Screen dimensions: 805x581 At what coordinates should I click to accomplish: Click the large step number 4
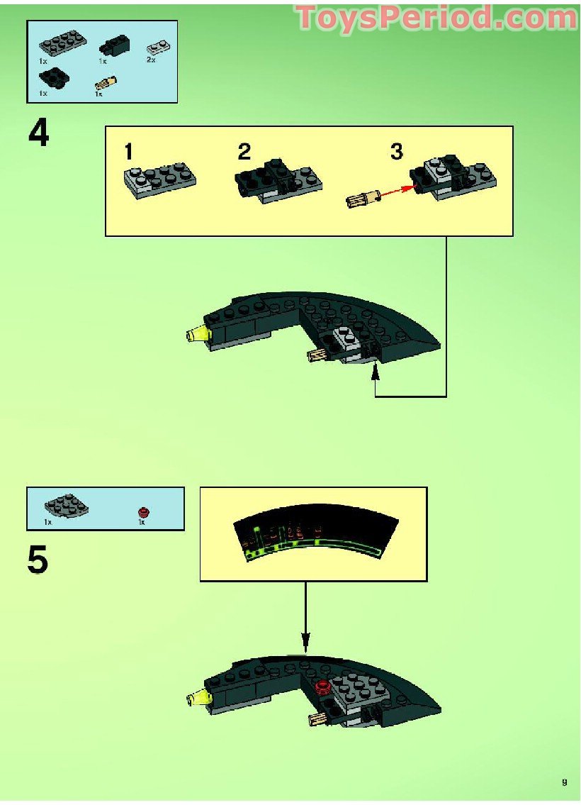tap(39, 133)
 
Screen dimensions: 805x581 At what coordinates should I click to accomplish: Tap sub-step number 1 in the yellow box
tap(128, 152)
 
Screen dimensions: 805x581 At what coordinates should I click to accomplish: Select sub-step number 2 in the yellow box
tap(244, 152)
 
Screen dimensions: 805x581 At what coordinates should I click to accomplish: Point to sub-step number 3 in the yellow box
tap(396, 152)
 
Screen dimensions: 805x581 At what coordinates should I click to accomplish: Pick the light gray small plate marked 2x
tap(155, 48)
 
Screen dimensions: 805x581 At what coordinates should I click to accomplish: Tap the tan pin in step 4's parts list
tap(106, 83)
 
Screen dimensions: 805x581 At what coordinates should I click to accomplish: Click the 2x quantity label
tap(150, 61)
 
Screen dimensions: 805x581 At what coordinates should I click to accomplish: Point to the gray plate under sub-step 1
tap(159, 182)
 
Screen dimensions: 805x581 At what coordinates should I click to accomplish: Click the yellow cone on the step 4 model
tap(198, 334)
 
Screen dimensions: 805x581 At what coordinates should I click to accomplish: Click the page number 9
tap(565, 782)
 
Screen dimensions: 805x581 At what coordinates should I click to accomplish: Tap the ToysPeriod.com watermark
tap(436, 18)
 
